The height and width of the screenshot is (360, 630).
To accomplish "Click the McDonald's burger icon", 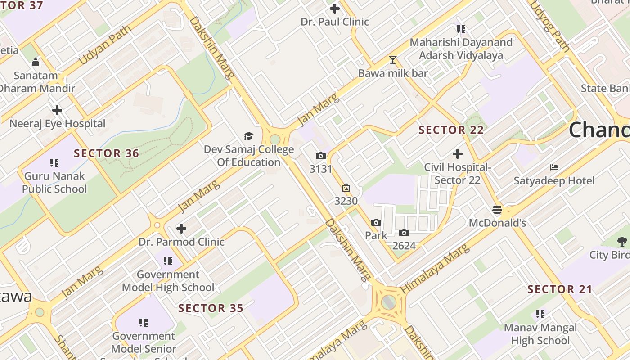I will point(497,210).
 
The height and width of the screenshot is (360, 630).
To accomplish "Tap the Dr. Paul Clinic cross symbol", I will point(335,9).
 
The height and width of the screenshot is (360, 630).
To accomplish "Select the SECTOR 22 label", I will point(451,130).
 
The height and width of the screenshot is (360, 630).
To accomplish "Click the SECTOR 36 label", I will point(107,153).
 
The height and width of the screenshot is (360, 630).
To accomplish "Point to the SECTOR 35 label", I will point(211,308).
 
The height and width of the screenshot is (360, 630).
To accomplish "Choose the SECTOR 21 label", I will point(560,289).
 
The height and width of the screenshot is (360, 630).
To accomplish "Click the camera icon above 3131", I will point(320,156).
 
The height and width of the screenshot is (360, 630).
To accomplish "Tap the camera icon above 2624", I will point(404,233).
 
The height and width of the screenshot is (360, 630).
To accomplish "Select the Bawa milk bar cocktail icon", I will point(393,60).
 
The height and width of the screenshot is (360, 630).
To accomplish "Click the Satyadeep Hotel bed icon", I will point(554,167).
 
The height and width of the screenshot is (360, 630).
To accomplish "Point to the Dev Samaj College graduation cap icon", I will point(248,136).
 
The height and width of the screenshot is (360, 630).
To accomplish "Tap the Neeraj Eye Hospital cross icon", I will point(57,110).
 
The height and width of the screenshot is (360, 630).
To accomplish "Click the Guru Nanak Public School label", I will point(54,182).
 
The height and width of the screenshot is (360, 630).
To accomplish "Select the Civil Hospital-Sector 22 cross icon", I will point(458,154).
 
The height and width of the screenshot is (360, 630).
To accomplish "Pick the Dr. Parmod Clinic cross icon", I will point(181,229).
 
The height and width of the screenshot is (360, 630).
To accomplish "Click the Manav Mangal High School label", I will point(540,334).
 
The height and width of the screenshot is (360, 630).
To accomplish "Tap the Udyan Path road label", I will point(104,45).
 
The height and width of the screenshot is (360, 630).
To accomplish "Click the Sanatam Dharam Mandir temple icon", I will point(36,62).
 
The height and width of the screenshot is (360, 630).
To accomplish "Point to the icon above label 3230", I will point(346,188).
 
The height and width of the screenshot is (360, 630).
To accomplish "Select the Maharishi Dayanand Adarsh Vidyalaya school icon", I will point(461,29).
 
